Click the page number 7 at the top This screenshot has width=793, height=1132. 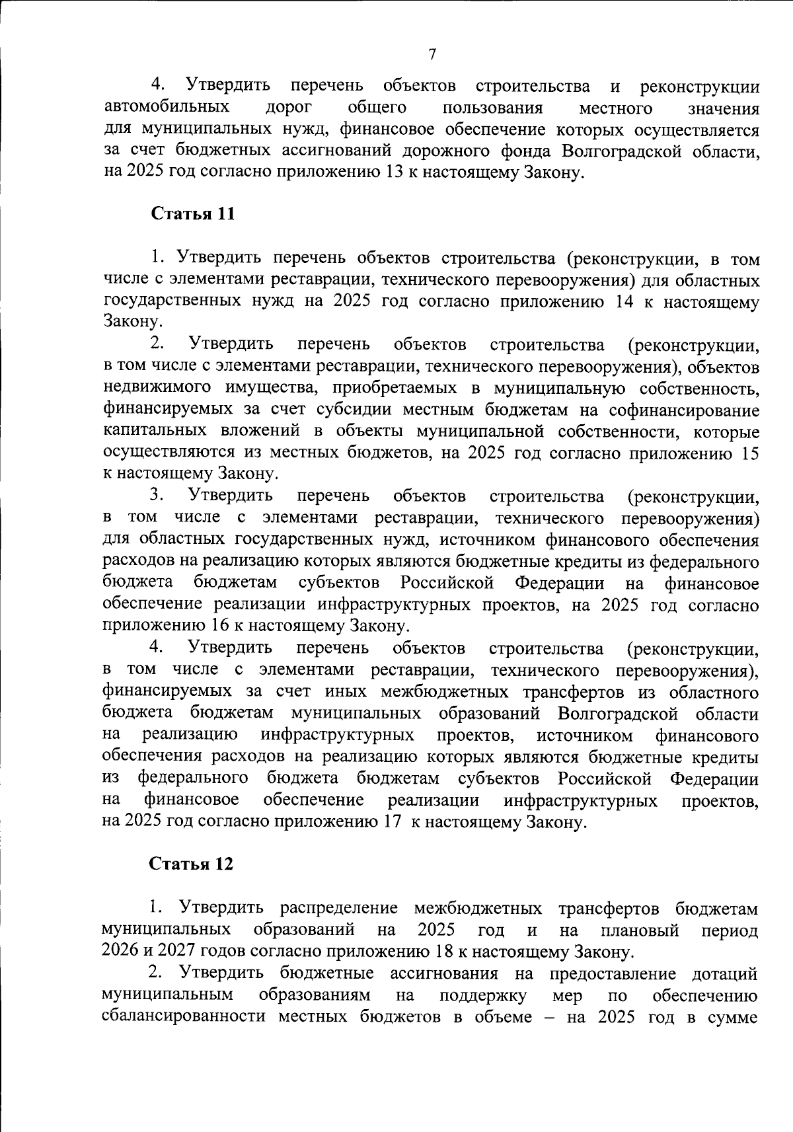pyautogui.click(x=432, y=54)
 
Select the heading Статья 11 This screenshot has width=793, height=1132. pyautogui.click(x=192, y=214)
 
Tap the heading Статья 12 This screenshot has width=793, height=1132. pyautogui.click(x=191, y=864)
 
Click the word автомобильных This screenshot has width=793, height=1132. pyautogui.click(x=167, y=107)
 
